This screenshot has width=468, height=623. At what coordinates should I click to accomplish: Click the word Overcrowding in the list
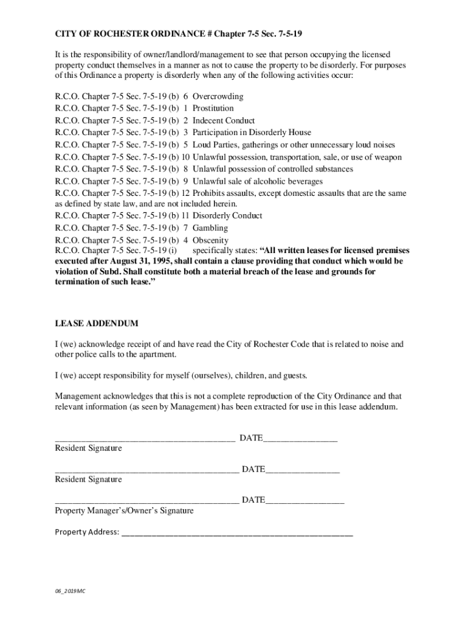218,97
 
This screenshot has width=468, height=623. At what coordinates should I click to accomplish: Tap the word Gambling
210,228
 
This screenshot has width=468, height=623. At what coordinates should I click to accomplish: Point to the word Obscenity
210,240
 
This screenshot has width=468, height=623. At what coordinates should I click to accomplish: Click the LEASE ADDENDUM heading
97,323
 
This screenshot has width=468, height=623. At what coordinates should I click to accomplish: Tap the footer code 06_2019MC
68,591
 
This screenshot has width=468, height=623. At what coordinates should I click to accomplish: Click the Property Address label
87,532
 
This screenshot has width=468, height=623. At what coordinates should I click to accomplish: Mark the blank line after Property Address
237,533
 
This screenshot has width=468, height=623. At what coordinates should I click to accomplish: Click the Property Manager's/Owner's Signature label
124,510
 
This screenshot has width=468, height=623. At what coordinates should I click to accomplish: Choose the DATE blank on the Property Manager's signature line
305,501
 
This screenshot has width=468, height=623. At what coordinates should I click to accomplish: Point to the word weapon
387,157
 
